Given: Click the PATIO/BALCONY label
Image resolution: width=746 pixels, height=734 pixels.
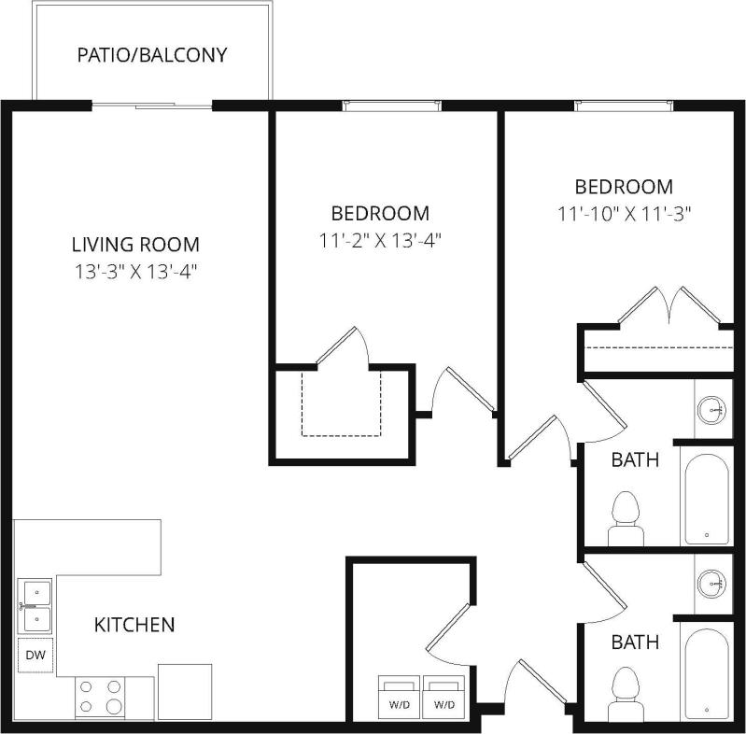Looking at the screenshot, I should tap(152, 55).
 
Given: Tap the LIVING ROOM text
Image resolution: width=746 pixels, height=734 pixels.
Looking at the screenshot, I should tap(135, 245).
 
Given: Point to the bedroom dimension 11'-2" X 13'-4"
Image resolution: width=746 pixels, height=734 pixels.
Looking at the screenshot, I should tap(380, 240).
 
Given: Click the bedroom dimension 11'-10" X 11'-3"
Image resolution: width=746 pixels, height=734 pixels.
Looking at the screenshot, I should tap(624, 214).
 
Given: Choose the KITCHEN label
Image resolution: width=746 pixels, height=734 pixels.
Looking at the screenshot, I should tap(134, 625).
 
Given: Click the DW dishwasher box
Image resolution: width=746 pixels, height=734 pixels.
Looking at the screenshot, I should tap(35, 656).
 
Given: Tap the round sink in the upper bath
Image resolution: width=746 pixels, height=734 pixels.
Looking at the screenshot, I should tap(714, 408).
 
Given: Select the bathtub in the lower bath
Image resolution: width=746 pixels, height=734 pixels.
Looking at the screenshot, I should tap(706, 673).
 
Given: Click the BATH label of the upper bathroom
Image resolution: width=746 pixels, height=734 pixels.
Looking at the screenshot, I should tap(635, 459).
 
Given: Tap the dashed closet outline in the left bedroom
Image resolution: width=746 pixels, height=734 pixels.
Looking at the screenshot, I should tap(342, 403).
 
